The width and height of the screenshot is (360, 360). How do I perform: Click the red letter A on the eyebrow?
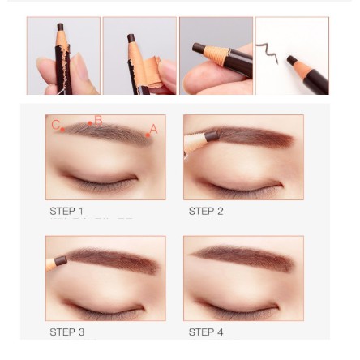(x=153, y=129)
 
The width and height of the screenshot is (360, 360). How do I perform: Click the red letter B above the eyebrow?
(x=98, y=120)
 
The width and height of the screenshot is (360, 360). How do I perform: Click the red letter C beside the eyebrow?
(x=55, y=125)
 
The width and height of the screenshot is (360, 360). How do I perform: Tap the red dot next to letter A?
(x=148, y=135)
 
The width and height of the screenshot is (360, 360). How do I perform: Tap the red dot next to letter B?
(x=90, y=123)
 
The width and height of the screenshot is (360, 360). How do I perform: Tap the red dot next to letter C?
(x=62, y=130)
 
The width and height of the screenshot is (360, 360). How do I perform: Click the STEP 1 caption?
(x=66, y=211)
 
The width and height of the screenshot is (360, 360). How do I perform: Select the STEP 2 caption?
(x=206, y=211)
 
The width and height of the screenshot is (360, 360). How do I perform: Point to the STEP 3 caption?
(x=67, y=332)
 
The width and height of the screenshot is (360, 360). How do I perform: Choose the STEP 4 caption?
(x=206, y=332)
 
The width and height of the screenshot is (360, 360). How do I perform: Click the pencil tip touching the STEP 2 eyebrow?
(x=212, y=136)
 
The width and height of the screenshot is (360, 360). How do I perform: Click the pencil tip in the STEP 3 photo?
(x=61, y=260)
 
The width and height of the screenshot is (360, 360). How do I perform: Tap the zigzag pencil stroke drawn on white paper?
(x=268, y=53)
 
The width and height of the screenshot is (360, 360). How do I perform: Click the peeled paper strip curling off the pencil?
(x=152, y=72)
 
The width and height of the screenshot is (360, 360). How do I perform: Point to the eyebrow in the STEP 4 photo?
(x=242, y=257)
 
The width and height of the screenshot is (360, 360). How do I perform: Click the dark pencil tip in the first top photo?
(x=60, y=27)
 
